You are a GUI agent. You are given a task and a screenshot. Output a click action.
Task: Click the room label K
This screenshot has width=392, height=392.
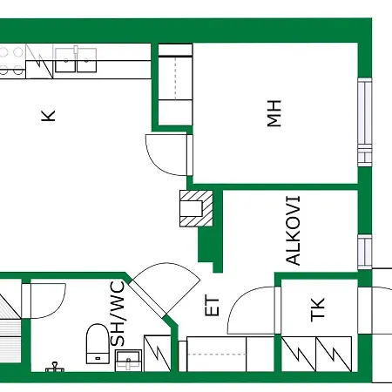pyautogui.click(x=49, y=115)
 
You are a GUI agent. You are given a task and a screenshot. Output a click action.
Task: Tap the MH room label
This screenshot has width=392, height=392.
pyautogui.click(x=276, y=115)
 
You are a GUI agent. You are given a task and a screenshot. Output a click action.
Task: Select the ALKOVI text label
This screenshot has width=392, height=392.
pyautogui.click(x=294, y=232)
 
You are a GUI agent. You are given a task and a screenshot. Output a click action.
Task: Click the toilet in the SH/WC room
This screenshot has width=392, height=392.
pyautogui.click(x=97, y=342)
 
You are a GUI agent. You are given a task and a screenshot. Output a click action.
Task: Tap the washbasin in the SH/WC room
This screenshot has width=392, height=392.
pyautogui.click(x=129, y=359)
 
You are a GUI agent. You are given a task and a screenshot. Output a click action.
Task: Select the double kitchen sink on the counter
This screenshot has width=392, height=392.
pyautogui.click(x=77, y=59)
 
